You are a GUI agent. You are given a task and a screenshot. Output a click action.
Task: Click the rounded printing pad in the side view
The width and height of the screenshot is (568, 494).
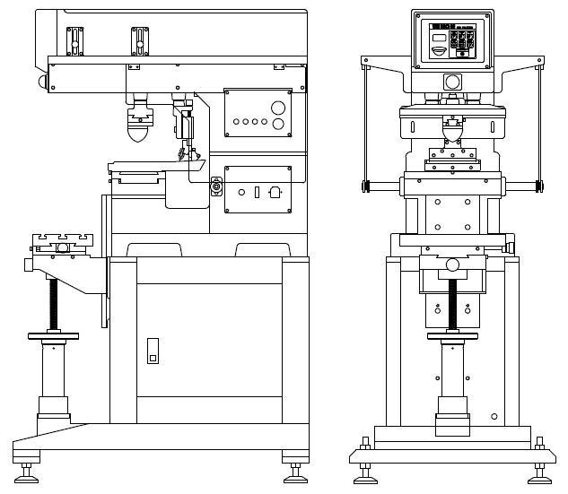[137, 132]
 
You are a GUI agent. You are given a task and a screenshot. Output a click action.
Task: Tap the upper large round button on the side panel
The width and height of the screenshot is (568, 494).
[278, 106]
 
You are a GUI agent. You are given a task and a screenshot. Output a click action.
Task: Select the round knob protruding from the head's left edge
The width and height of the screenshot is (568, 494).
[42, 81]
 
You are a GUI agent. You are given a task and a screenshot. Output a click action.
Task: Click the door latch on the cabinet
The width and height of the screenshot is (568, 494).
[152, 350]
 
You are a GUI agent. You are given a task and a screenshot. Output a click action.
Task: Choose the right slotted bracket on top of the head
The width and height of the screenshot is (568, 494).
[138, 39]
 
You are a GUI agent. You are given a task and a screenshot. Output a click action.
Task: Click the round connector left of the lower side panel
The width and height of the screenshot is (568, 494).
[215, 186]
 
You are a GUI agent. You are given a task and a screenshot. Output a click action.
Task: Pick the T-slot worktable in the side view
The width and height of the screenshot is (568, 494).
[61, 242]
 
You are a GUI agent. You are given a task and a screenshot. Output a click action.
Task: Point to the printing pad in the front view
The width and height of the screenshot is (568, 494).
[453, 132]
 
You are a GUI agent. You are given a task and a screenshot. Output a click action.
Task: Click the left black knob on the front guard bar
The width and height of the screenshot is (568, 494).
[367, 186]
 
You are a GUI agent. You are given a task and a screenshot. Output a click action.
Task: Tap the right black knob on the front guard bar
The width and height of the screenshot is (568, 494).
[538, 186]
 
